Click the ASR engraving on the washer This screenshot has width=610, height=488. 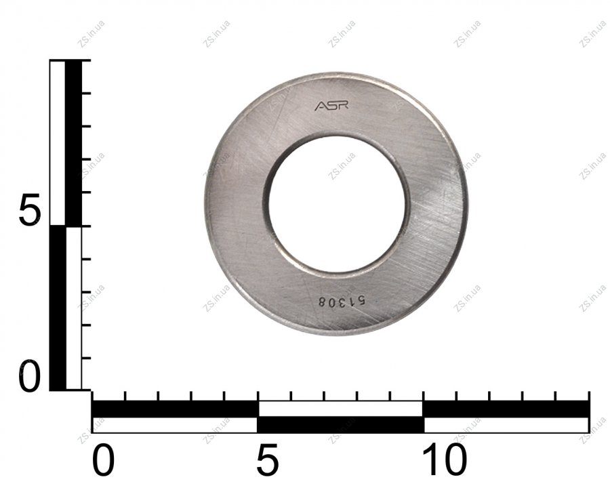click(x=331, y=106)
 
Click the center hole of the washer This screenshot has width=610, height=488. click(x=337, y=201)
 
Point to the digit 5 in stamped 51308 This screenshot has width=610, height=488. click(x=361, y=302)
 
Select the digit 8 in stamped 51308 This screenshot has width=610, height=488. click(x=322, y=301)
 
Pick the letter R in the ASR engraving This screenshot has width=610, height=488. click(x=344, y=106)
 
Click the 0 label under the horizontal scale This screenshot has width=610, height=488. click(x=103, y=461)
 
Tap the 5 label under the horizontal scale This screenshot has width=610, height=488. click(x=268, y=461)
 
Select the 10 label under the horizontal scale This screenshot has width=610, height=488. click(x=445, y=461)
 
